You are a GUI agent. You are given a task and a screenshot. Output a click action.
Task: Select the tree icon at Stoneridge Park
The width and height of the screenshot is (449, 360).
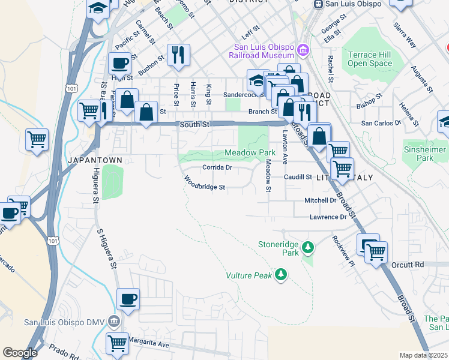point(308,247)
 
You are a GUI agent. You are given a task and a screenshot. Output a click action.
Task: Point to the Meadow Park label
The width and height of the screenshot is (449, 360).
point(251,153)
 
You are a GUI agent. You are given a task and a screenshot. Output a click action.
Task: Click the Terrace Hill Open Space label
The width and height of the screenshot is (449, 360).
point(370,58)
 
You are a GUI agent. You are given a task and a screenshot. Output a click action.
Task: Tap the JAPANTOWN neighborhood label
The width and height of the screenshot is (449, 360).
point(95,160)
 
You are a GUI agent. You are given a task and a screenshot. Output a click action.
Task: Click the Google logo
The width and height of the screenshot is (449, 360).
point(20,353)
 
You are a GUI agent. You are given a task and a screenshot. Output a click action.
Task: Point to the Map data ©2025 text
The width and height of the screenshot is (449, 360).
point(423,355)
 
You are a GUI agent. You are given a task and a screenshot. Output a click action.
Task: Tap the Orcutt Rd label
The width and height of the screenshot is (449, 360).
point(410,265)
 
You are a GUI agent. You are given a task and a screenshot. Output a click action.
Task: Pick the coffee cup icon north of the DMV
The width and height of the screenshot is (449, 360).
point(128,298)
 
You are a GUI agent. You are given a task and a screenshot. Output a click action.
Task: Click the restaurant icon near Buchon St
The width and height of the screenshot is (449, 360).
point(178,55)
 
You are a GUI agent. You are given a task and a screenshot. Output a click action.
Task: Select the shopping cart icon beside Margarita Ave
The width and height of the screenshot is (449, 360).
point(117,343)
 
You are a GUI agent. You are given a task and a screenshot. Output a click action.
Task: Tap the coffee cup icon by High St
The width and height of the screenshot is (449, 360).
point(119,62)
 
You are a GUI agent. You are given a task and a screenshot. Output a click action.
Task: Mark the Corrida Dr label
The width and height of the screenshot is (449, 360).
point(217,167)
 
